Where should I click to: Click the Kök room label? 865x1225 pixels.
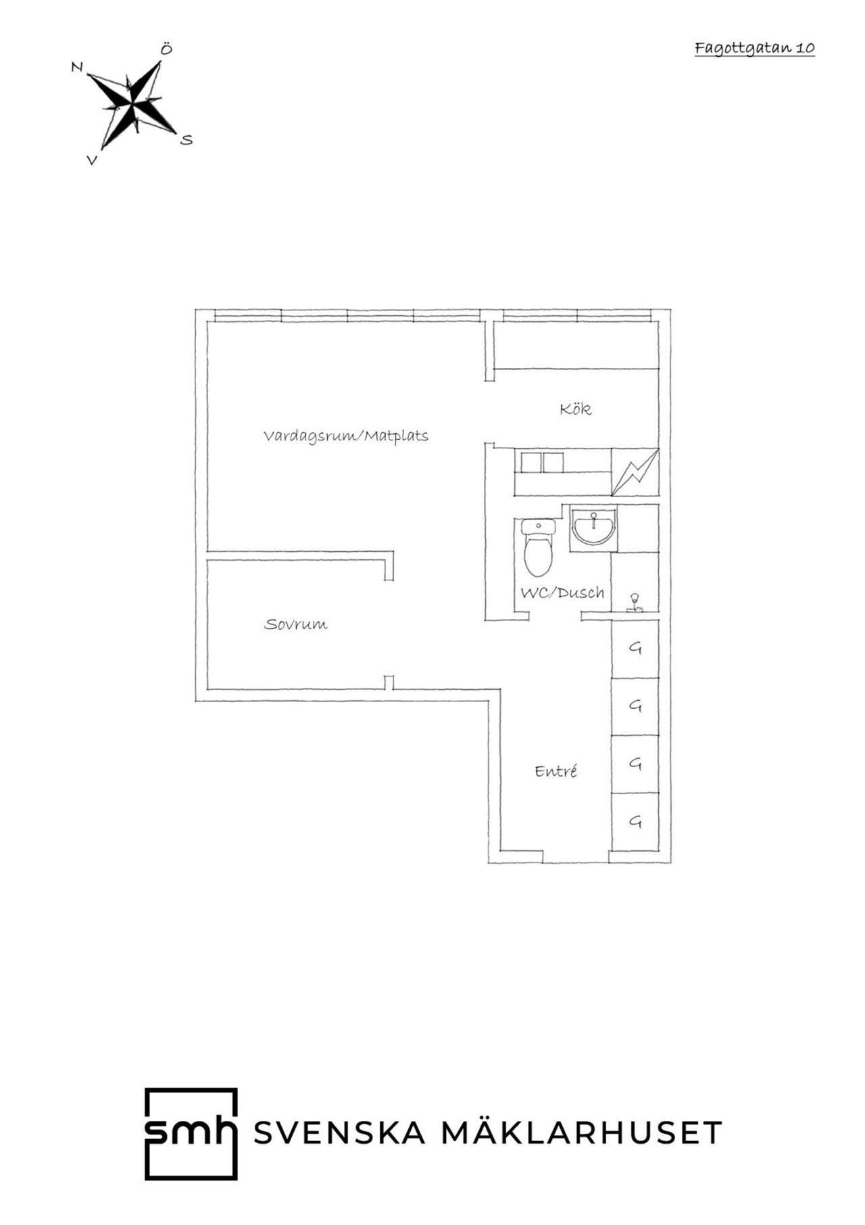pos(576,409)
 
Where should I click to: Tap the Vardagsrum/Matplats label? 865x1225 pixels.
pos(346,436)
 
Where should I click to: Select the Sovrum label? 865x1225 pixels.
pos(295,624)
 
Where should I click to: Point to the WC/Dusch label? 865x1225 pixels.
pos(562,593)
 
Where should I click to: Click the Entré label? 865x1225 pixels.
pos(555,771)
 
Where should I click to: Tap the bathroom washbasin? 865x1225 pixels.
pos(593,528)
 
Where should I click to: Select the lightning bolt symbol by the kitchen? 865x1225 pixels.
pos(635,472)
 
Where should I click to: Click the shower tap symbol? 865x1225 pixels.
pos(635,603)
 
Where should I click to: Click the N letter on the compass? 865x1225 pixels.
pos(77,67)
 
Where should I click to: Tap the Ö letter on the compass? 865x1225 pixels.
pos(166,49)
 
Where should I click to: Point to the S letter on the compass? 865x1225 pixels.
pos(187,140)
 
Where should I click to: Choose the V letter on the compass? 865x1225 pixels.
pos(92,160)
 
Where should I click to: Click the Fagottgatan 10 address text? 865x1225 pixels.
pos(754,48)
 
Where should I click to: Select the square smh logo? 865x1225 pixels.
pos(191,1134)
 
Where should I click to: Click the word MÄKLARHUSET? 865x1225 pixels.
pos(582,1132)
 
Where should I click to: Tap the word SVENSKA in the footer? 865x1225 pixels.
pos(339,1133)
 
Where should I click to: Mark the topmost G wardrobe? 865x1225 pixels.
pos(635,648)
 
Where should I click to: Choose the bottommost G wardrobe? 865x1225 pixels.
pos(635,822)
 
